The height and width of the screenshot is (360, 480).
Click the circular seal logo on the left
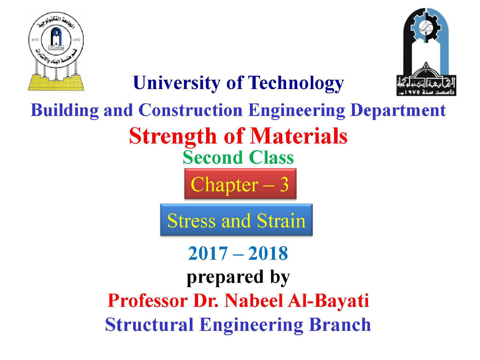56,40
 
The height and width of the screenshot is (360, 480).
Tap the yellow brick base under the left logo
56,83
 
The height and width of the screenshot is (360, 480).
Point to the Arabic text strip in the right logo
426,86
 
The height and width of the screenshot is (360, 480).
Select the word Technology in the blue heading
296,83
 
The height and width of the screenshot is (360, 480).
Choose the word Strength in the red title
173,136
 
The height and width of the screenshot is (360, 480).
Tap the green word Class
271,158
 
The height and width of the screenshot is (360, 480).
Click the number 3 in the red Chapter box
284,184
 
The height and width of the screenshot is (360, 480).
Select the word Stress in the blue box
191,221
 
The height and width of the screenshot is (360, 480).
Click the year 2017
208,254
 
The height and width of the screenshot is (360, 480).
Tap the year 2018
268,254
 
